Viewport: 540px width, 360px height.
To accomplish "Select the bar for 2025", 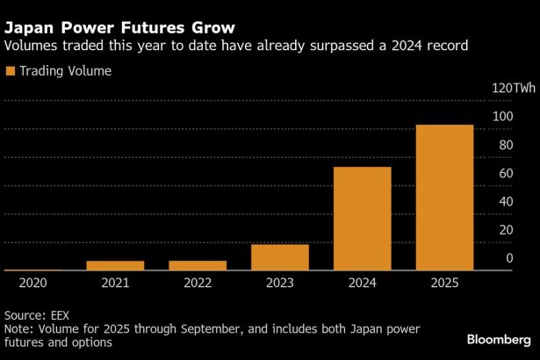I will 444,198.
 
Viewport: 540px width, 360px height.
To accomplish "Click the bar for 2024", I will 362,219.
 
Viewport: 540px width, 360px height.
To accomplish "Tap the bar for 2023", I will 280,257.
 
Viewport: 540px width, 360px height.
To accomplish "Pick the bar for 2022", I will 198,265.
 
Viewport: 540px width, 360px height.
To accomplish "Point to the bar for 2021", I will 115,265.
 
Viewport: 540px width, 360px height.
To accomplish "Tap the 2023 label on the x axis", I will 280,284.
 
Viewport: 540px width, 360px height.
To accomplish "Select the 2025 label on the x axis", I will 444,284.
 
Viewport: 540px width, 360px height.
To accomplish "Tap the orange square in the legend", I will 11,71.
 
